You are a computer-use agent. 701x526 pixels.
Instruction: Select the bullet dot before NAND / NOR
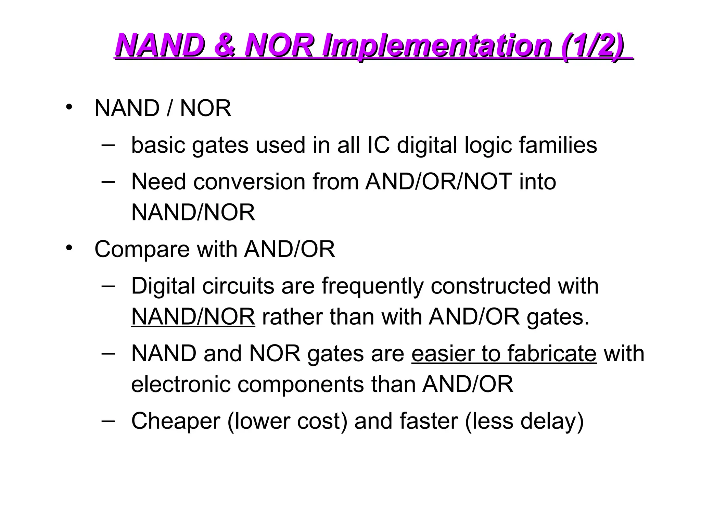click(69, 107)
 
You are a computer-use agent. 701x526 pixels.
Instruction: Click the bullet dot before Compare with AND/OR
click(69, 248)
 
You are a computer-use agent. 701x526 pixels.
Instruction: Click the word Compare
click(142, 249)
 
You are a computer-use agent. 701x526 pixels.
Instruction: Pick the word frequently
click(372, 286)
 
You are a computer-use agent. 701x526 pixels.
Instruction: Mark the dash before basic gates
click(108, 145)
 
